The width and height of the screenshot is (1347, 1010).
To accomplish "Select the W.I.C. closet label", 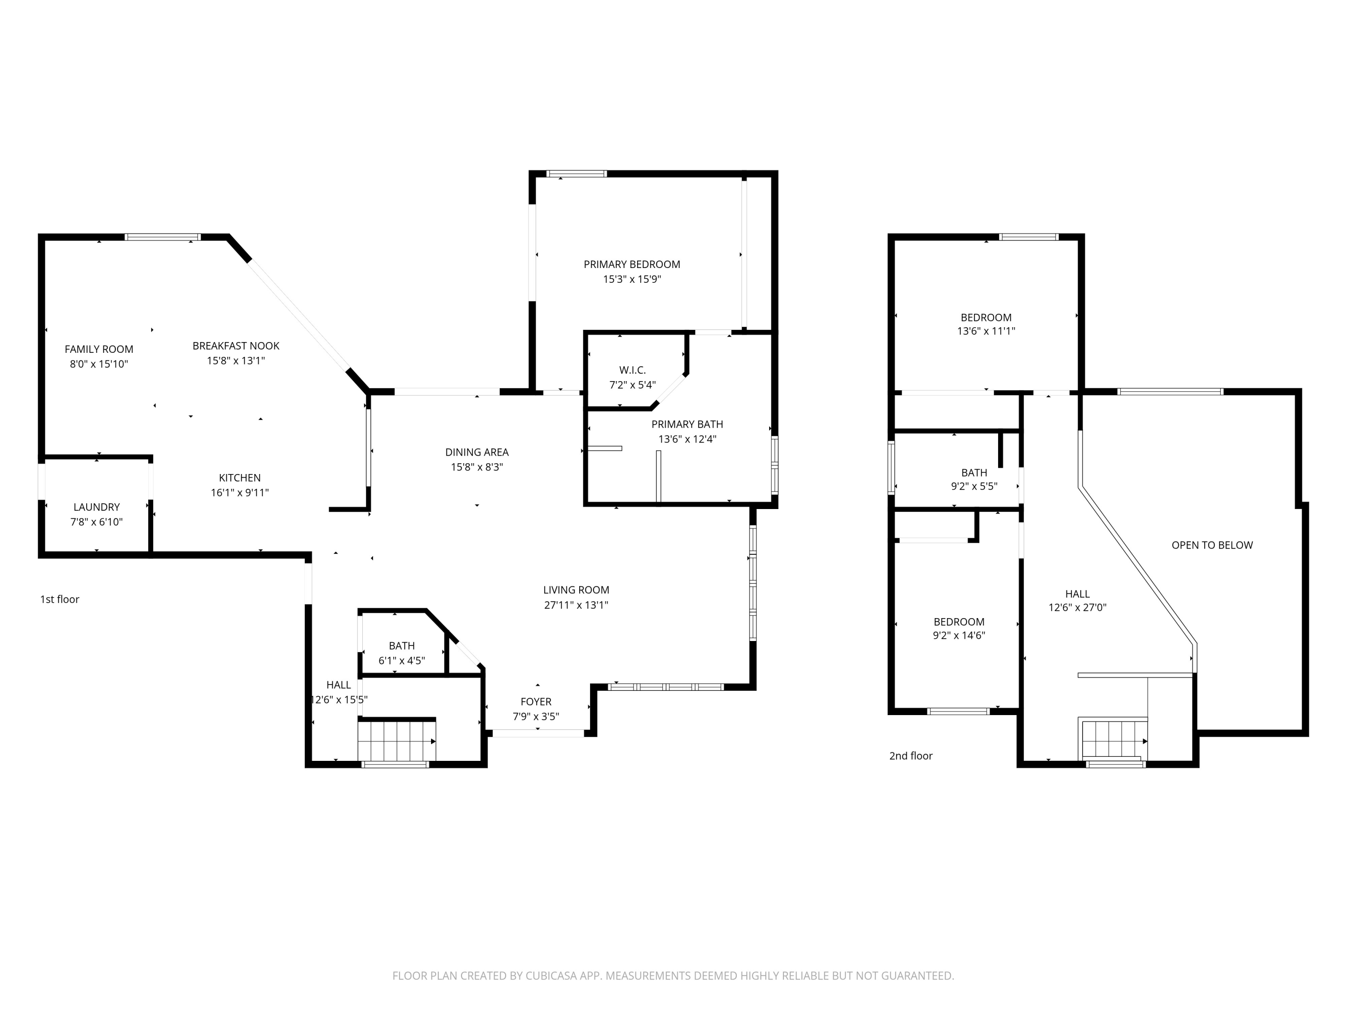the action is [x=632, y=370].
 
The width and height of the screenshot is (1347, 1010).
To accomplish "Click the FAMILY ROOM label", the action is [x=99, y=349].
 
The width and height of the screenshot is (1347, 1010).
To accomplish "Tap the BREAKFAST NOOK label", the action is [x=236, y=346].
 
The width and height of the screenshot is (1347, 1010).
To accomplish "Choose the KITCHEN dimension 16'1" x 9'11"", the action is [x=239, y=492].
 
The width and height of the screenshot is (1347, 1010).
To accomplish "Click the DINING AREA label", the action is [x=477, y=452].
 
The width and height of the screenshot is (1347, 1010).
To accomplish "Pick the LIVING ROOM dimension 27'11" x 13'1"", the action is [x=576, y=605].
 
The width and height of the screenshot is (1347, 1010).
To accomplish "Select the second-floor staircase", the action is [x=1113, y=740].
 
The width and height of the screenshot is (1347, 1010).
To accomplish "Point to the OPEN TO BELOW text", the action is [x=1212, y=545].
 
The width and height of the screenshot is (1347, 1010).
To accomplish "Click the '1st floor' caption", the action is [x=60, y=599].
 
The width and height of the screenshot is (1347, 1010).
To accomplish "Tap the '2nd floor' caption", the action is [x=911, y=755].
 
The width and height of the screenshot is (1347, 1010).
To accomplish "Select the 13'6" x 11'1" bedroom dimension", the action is [x=986, y=331].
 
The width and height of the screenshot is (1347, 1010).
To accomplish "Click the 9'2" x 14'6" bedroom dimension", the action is [x=959, y=636].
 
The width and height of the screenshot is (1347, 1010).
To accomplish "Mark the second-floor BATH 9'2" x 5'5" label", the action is [x=974, y=479].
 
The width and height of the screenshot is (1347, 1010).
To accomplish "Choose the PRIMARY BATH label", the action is [x=687, y=424].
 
